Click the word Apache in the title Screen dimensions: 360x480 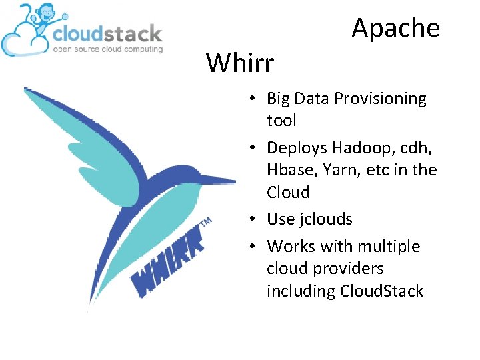[395, 28]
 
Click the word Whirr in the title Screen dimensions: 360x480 [240, 63]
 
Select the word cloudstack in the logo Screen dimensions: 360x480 [107, 33]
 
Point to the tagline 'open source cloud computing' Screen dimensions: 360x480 [107, 49]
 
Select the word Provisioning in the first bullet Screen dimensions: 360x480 [380, 99]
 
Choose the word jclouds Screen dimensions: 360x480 [327, 219]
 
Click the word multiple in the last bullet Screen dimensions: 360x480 [389, 247]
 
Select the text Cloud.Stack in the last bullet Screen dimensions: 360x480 [381, 291]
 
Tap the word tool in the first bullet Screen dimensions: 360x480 [281, 121]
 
